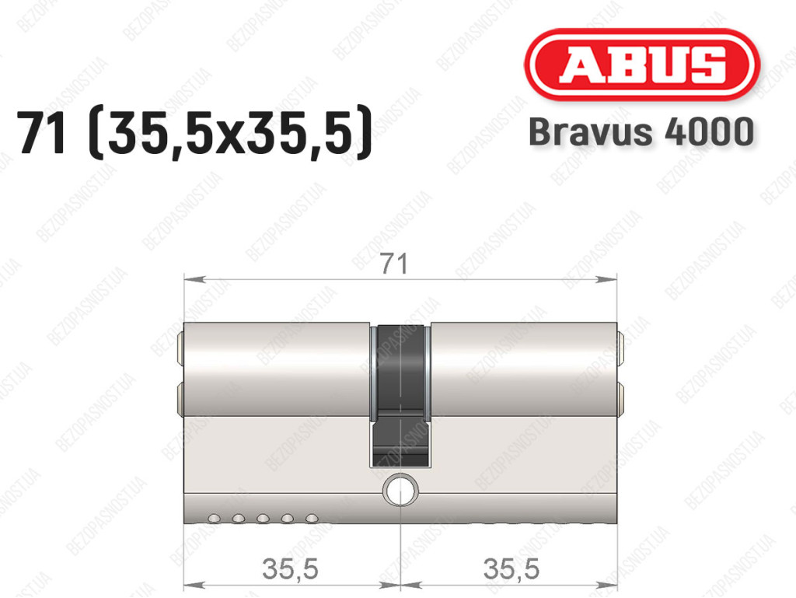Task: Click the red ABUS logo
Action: (x=641, y=64)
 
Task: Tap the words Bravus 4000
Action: (x=641, y=131)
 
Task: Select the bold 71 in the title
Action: (x=42, y=133)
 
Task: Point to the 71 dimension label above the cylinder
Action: (x=394, y=264)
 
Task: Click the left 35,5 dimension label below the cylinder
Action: (x=290, y=568)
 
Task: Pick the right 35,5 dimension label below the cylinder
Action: (x=511, y=568)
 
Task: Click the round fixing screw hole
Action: (x=400, y=491)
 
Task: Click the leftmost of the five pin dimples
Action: (x=214, y=519)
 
